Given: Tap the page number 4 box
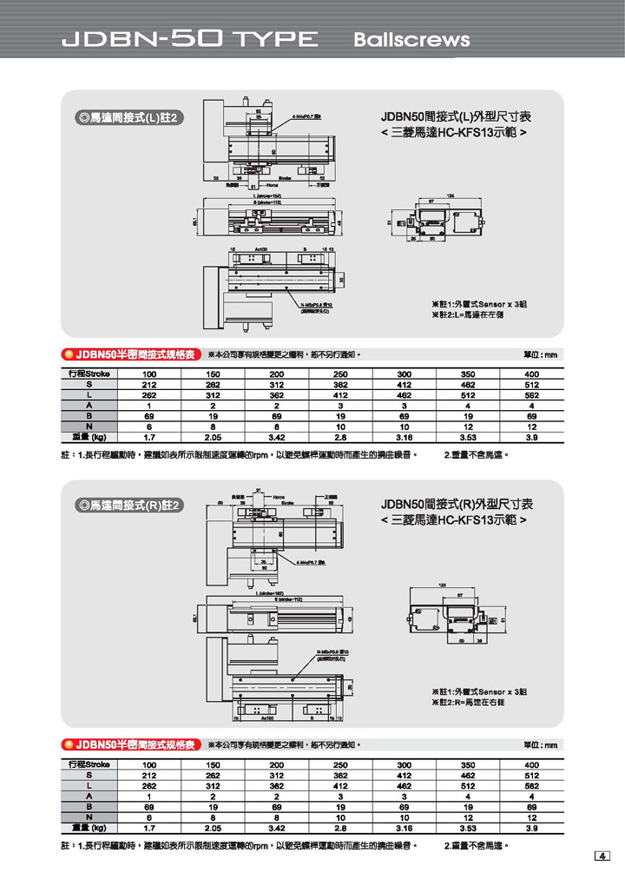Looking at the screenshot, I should [602, 857].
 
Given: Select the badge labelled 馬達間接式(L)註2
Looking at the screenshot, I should [128, 118].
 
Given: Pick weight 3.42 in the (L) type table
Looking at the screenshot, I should [277, 438].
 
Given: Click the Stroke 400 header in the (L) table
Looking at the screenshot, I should [531, 374].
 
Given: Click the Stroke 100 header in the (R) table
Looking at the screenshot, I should [149, 764].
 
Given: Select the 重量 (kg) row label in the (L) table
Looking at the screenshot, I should [87, 438].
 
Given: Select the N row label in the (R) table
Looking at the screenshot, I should [88, 817].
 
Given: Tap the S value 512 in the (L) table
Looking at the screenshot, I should [531, 385].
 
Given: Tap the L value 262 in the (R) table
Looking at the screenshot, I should [149, 786].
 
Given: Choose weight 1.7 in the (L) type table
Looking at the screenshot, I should [149, 438].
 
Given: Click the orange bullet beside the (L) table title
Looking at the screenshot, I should [67, 355].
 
